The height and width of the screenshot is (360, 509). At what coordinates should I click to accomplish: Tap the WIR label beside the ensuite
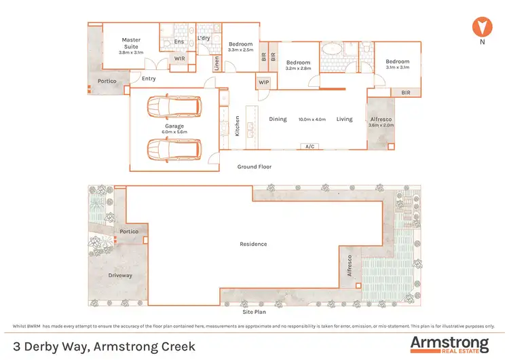pos(180,59)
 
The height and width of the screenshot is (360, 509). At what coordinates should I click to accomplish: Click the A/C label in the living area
pos(311,146)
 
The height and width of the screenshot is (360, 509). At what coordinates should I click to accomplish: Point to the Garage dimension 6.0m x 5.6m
pos(174,131)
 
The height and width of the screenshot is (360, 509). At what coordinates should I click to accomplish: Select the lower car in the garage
pos(174,147)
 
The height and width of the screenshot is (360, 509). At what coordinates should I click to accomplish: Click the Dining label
pos(278,120)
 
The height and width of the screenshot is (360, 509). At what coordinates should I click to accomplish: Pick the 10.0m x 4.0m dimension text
pos(312,120)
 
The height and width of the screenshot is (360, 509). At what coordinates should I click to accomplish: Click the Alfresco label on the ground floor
pos(380,120)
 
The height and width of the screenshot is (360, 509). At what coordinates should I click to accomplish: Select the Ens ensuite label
pos(179,42)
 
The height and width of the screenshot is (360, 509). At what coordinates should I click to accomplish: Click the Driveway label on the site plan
pos(120,275)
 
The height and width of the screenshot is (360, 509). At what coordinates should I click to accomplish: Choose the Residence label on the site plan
pos(253,244)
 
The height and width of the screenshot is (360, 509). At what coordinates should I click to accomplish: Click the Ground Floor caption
pos(254,166)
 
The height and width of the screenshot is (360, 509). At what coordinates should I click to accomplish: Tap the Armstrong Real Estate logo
pos(449,343)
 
